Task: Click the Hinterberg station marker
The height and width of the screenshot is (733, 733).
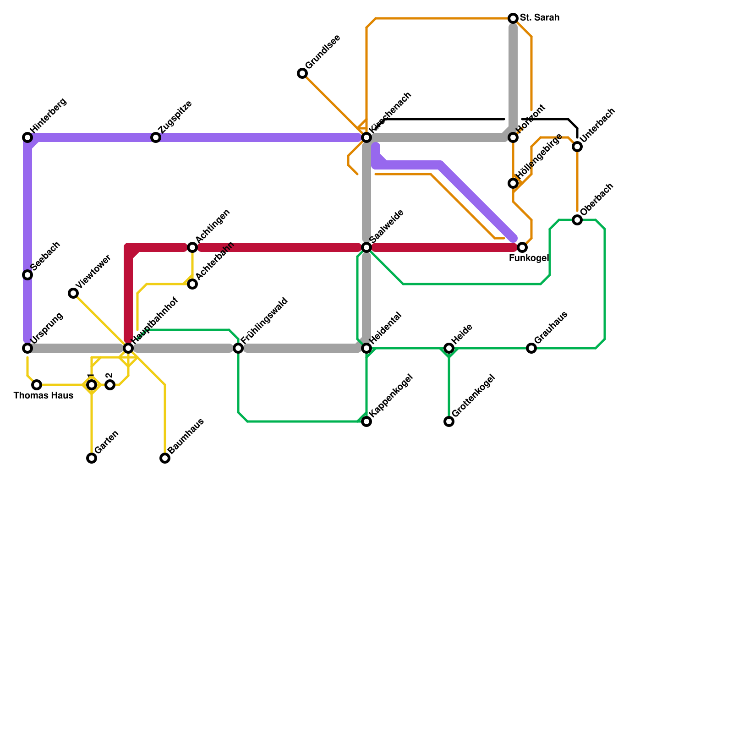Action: coord(27,137)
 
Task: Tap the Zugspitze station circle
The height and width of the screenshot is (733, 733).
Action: coord(156,137)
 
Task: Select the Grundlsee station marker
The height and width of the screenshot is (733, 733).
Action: coord(302,73)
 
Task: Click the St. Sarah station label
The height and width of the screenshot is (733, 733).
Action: coord(540,18)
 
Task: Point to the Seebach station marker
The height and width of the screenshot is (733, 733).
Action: coord(27,275)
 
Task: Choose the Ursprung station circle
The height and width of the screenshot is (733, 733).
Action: coord(27,348)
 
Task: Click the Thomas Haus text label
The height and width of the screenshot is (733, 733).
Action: coord(44,395)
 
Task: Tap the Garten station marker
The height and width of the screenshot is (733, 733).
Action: coord(92,458)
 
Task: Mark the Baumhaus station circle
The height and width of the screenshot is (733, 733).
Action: coord(165,458)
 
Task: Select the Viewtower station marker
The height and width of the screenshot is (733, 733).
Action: coord(73,293)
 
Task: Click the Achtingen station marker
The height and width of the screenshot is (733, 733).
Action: coord(192,247)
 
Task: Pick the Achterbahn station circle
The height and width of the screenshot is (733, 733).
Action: coord(192,284)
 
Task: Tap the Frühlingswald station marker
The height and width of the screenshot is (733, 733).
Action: coord(238,348)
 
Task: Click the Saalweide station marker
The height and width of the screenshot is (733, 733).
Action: coord(366,247)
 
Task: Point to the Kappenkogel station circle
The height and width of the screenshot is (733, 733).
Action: coord(366,421)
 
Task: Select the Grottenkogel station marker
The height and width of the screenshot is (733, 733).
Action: coord(449,421)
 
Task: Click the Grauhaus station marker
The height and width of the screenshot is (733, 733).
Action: coord(531,348)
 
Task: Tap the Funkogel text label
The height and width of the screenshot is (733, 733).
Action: coord(529,258)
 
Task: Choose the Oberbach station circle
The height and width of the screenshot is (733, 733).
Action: coord(577,220)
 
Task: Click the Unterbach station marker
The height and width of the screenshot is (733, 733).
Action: coord(577,147)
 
